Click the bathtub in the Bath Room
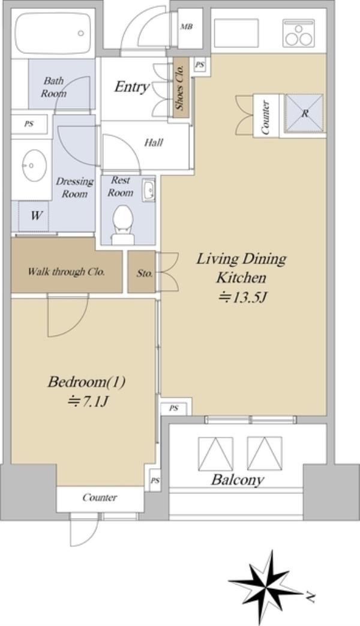[x=53, y=33]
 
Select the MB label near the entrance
[x=187, y=27]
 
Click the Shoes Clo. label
[x=180, y=88]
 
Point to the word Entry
[x=132, y=86]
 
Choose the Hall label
[x=154, y=142]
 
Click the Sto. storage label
[x=145, y=274]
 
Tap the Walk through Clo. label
[x=66, y=272]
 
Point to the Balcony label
[x=238, y=480]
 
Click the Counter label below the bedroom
[x=100, y=498]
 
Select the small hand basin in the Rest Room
[x=149, y=190]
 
